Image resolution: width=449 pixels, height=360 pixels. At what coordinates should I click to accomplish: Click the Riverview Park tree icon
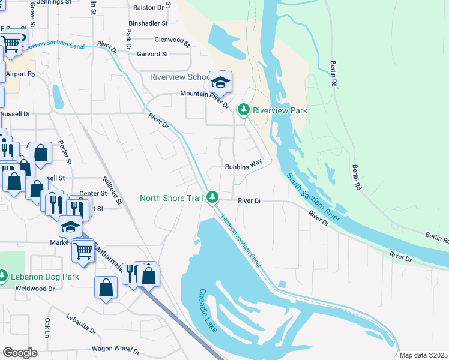point(243,110)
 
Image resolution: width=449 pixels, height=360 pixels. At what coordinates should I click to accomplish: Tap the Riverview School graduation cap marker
point(220,80)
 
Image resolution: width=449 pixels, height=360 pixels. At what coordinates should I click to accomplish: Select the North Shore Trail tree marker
point(212,197)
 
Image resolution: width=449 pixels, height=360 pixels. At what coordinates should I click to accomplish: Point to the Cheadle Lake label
point(211,312)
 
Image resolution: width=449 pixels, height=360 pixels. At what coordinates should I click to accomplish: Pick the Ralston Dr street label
point(149,8)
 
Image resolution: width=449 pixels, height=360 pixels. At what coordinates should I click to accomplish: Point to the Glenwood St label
point(172,41)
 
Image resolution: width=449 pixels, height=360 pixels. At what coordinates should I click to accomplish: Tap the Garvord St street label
point(152,54)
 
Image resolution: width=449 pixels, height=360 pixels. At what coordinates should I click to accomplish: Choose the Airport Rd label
point(21,74)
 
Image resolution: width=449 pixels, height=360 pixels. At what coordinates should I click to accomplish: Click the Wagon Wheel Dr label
point(116,350)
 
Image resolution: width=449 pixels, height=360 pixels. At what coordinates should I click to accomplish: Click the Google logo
point(20,353)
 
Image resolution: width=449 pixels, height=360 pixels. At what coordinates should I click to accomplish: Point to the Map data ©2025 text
point(423,355)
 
